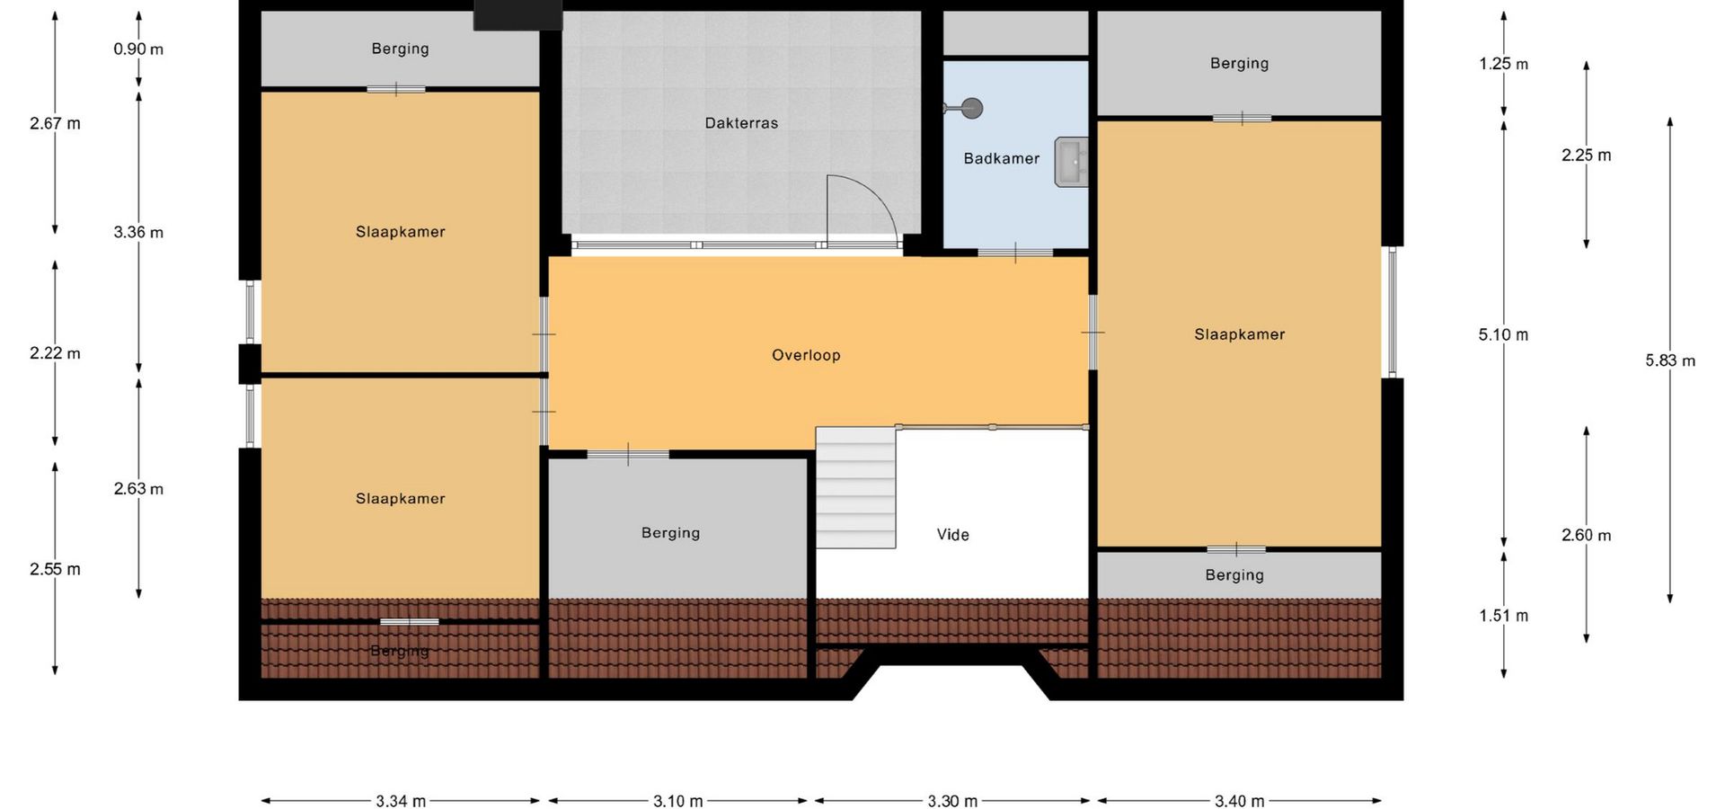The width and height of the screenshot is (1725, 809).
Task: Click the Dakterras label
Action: coord(741,123)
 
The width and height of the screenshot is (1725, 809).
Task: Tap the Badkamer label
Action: coord(1001,158)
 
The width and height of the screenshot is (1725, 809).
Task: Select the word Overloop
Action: coord(806,355)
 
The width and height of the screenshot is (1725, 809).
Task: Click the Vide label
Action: coord(952,535)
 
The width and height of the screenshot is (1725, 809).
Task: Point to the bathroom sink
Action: coord(1071,162)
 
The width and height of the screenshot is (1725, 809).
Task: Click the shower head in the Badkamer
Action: coord(970,109)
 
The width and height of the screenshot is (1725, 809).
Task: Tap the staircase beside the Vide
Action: coord(855,487)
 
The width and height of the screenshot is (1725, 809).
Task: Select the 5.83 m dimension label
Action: coord(1670,360)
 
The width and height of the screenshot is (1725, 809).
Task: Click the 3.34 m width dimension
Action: coord(401,801)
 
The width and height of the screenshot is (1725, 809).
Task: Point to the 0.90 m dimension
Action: coord(138,49)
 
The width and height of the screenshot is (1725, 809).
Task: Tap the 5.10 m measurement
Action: coord(1503,334)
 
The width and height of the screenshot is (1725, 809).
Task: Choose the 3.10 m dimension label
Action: coord(678,801)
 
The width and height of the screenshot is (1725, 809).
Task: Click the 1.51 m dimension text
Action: coord(1503,616)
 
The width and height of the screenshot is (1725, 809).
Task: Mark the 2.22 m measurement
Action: coord(55,353)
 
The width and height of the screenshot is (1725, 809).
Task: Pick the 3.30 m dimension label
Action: coord(952,801)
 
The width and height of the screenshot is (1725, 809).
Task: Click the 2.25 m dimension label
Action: coord(1586,156)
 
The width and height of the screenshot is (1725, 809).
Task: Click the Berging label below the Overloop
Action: coord(670,533)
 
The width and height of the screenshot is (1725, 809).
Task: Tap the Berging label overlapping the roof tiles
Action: coord(400,651)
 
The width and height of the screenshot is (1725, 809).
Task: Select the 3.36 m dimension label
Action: coord(138,233)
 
